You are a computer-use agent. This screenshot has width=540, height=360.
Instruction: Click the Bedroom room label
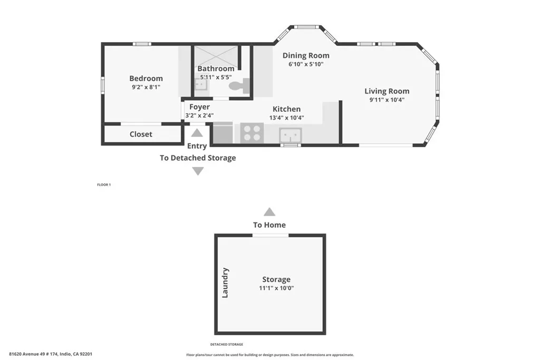(x=146, y=79)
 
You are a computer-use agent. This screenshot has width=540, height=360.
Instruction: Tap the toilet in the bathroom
(x=236, y=84)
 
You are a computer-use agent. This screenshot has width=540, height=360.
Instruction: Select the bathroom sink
(x=200, y=84)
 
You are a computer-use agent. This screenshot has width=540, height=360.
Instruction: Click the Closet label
(x=141, y=134)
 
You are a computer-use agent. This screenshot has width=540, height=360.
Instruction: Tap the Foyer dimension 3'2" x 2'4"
(x=199, y=115)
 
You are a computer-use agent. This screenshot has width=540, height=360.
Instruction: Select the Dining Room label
(x=306, y=55)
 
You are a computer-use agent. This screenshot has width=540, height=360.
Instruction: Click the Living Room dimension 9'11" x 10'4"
(x=387, y=100)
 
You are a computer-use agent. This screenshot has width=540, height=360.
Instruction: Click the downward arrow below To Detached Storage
(x=198, y=171)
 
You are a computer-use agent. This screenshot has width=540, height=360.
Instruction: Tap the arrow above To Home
(x=269, y=212)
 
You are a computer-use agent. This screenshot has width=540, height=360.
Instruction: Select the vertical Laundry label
(x=225, y=283)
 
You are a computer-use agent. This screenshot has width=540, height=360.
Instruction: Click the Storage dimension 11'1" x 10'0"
(x=276, y=288)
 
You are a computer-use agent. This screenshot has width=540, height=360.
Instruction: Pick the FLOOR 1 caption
(x=104, y=185)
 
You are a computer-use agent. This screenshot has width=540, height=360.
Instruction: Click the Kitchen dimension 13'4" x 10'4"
(x=286, y=118)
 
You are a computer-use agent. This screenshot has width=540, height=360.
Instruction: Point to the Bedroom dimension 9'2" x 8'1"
(x=146, y=87)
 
